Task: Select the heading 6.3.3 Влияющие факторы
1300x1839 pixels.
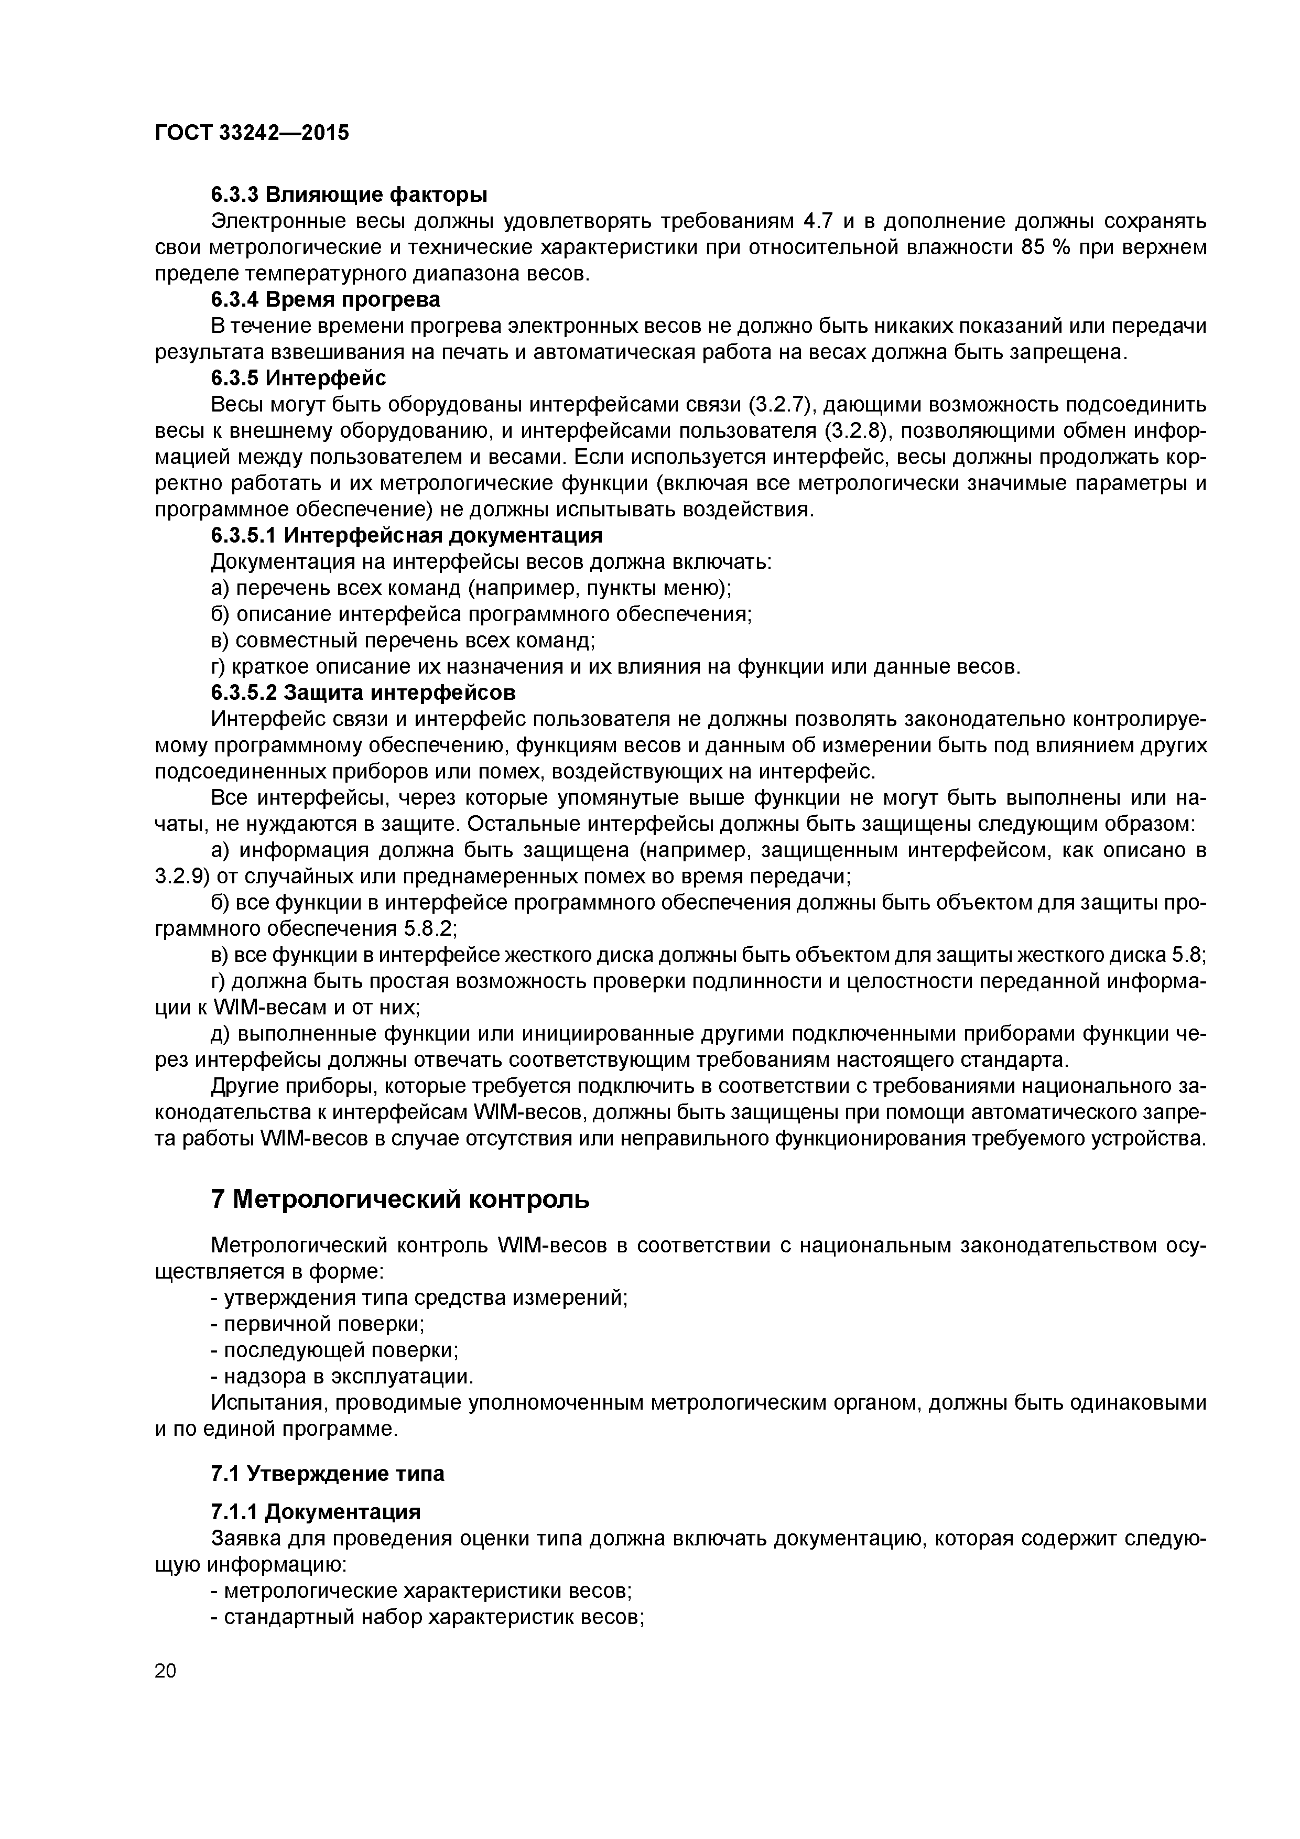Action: pos(349,194)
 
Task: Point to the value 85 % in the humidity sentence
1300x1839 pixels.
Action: pos(1045,247)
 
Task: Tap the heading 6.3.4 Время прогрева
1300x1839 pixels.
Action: pos(325,299)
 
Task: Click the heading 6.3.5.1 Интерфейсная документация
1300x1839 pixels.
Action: pos(406,535)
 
